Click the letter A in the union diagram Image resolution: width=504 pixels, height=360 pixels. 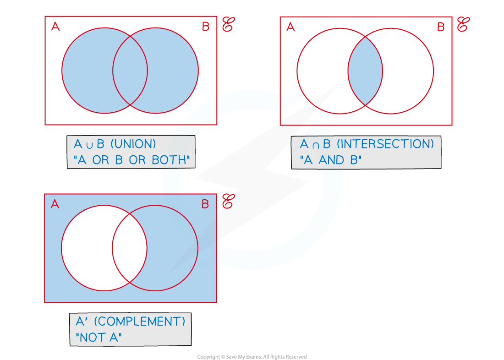55,27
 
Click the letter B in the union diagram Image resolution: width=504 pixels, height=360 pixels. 206,27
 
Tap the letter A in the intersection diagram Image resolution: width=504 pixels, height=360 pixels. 290,27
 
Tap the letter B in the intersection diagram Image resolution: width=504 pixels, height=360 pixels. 441,27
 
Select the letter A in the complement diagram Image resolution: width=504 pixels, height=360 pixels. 55,204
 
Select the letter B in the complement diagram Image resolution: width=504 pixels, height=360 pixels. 205,204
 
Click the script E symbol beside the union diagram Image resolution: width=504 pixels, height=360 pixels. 228,25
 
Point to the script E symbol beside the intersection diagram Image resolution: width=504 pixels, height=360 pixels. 463,25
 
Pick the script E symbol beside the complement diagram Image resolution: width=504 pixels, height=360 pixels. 228,202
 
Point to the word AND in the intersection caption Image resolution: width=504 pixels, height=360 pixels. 333,160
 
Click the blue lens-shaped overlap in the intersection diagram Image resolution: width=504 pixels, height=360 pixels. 365,71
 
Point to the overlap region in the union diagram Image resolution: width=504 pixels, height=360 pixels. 130,71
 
